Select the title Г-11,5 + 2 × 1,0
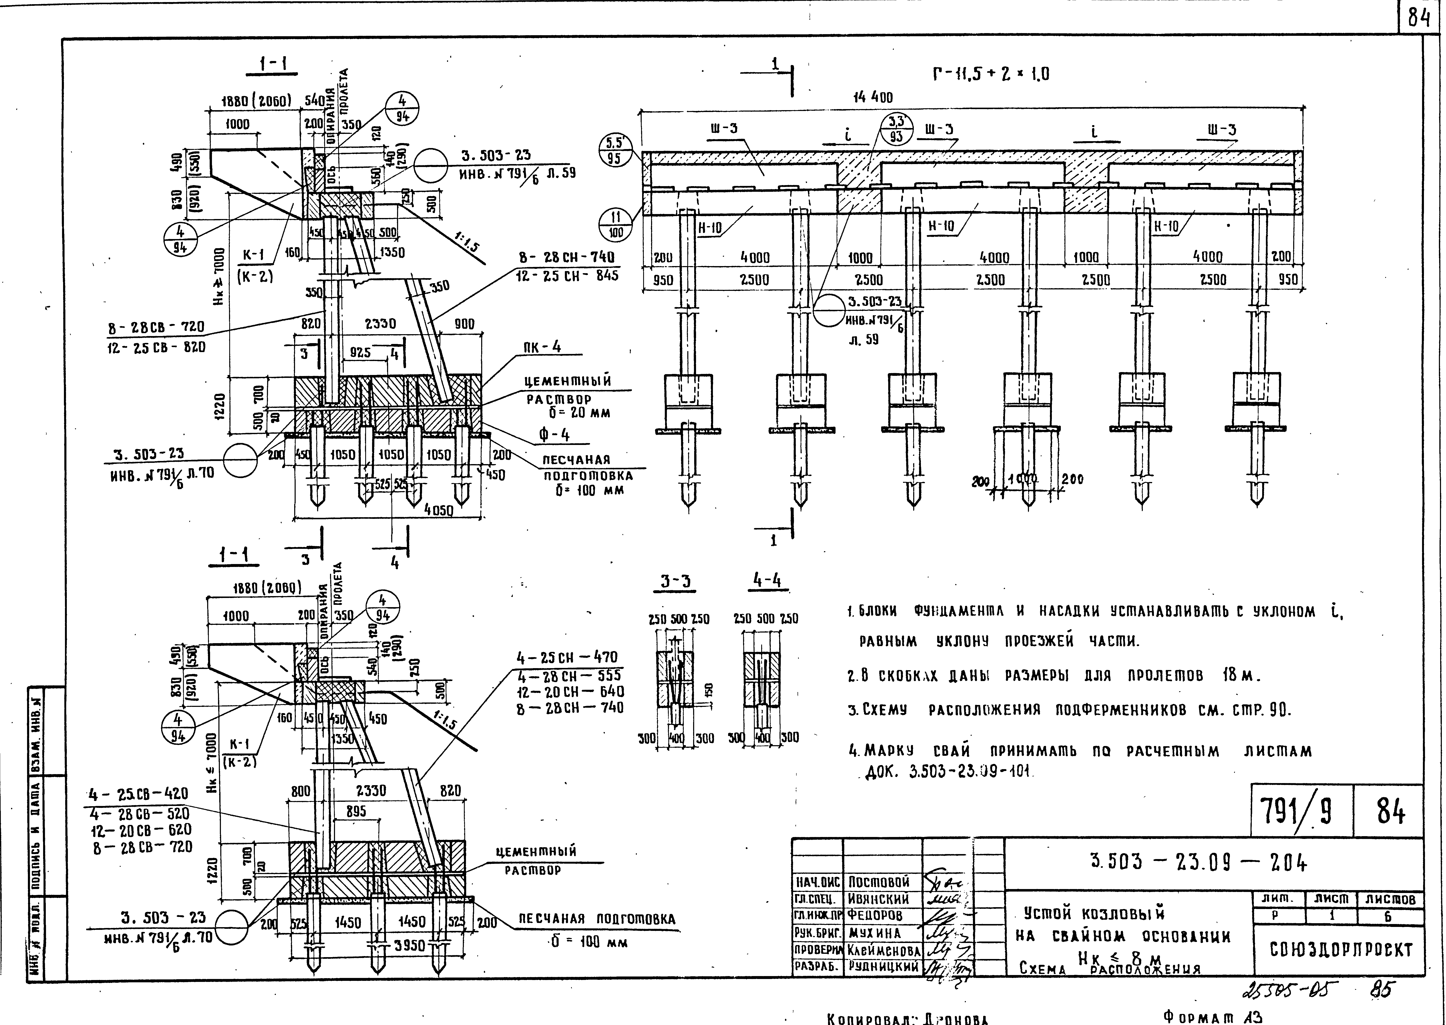(990, 75)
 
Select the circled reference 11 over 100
(615, 225)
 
